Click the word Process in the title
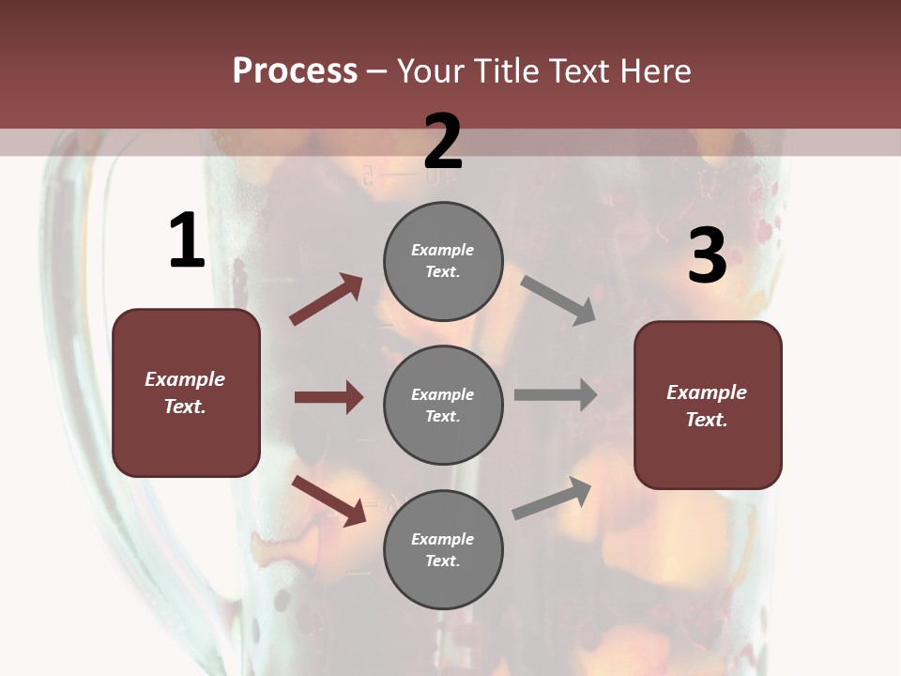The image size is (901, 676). (x=295, y=70)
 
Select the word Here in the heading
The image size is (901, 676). (x=653, y=70)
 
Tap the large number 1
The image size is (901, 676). (x=187, y=241)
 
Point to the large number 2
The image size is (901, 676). (x=443, y=141)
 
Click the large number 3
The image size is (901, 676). (x=707, y=256)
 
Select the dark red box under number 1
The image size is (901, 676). (x=186, y=392)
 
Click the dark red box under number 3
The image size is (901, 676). (x=708, y=406)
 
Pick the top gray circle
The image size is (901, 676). (x=443, y=261)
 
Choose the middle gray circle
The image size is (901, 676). (x=443, y=405)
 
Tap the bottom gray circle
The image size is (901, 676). (x=443, y=549)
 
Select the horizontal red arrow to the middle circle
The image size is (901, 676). (x=328, y=397)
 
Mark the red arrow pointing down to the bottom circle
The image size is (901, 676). (x=329, y=500)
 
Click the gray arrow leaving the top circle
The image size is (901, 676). (x=558, y=300)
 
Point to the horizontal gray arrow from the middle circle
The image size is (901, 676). (x=556, y=395)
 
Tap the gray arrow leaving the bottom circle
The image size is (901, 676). (x=552, y=498)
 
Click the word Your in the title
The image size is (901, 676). (x=432, y=70)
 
